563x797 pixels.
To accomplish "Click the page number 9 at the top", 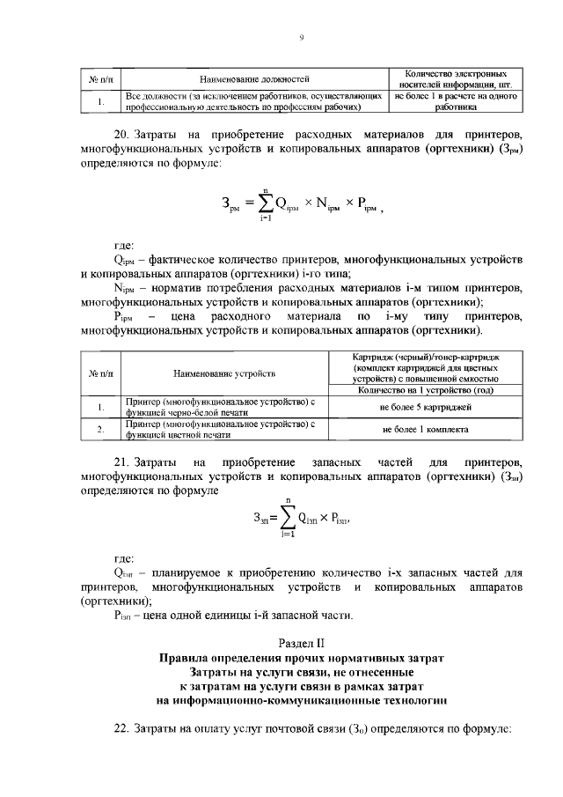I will pos(301,37).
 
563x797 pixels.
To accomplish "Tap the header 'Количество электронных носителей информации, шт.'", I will pos(454,79).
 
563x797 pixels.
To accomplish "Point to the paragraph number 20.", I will pos(122,135).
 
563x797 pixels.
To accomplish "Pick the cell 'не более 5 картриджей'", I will pos(426,408).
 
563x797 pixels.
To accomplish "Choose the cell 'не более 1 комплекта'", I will pos(426,429).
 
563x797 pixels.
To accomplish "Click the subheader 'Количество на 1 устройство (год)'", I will pos(426,390).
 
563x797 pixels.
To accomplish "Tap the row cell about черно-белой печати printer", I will pos(220,408).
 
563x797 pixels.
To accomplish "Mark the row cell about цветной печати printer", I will pos(220,429).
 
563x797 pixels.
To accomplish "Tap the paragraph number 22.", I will pos(122,730).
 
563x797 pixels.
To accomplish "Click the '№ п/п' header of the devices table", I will pos(100,373).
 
